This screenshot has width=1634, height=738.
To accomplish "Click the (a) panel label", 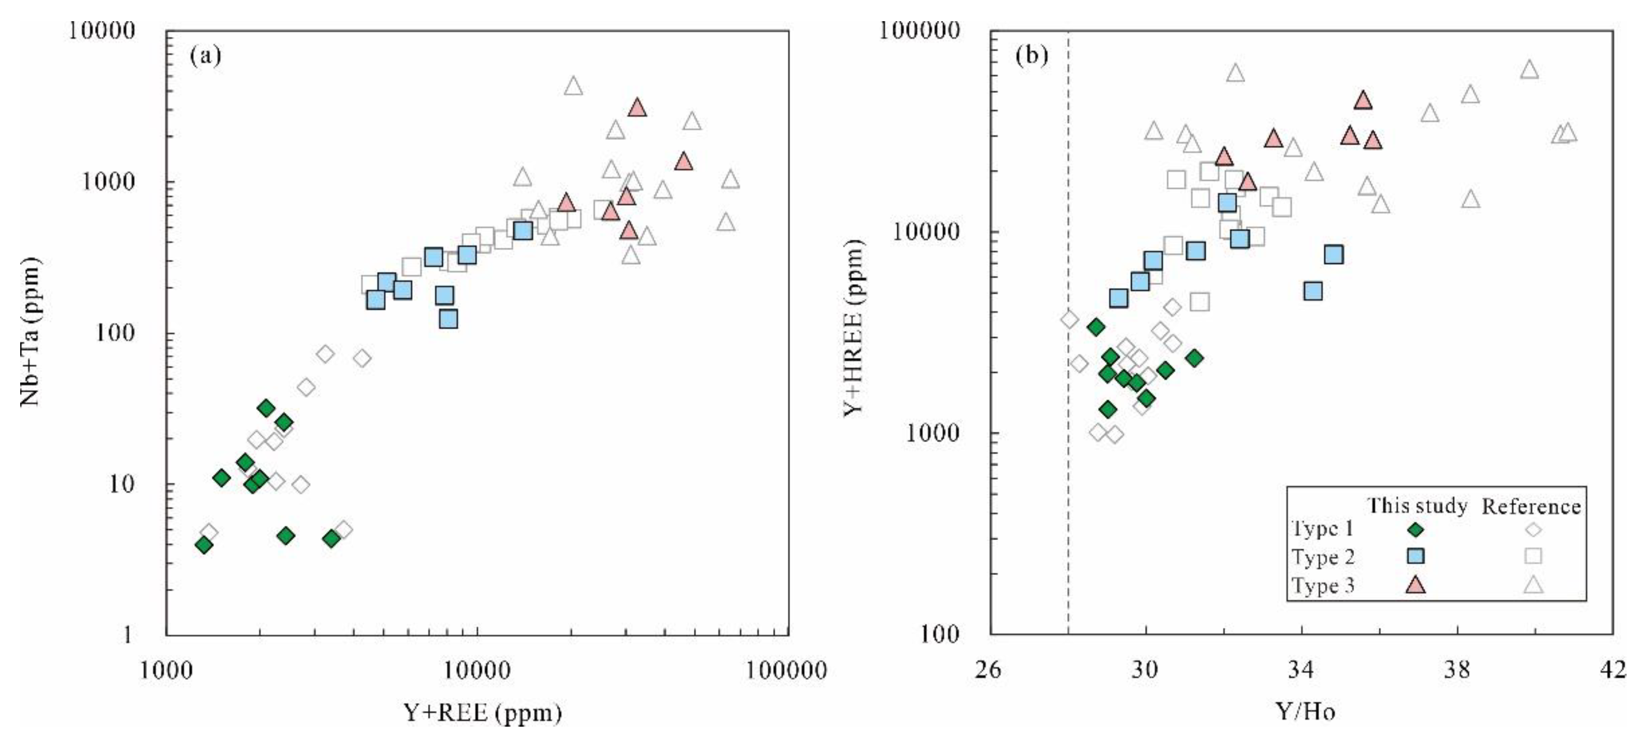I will [x=206, y=57].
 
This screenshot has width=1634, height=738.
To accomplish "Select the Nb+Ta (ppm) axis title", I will [x=30, y=332].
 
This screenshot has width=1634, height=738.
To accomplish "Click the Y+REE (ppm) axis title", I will [x=483, y=712].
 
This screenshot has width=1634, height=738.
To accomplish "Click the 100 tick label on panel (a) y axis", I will [x=116, y=333].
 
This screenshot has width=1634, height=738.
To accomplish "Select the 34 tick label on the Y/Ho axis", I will [x=1301, y=671].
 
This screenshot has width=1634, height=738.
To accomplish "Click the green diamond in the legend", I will [x=1415, y=529].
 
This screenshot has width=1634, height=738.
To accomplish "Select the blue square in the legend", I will [x=1415, y=556].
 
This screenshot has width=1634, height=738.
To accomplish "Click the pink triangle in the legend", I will [x=1415, y=585].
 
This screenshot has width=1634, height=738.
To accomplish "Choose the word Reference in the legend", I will [x=1531, y=507].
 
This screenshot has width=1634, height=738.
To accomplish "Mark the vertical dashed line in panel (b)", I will [x=1069, y=444].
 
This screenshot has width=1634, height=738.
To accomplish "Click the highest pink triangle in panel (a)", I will [x=638, y=108].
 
